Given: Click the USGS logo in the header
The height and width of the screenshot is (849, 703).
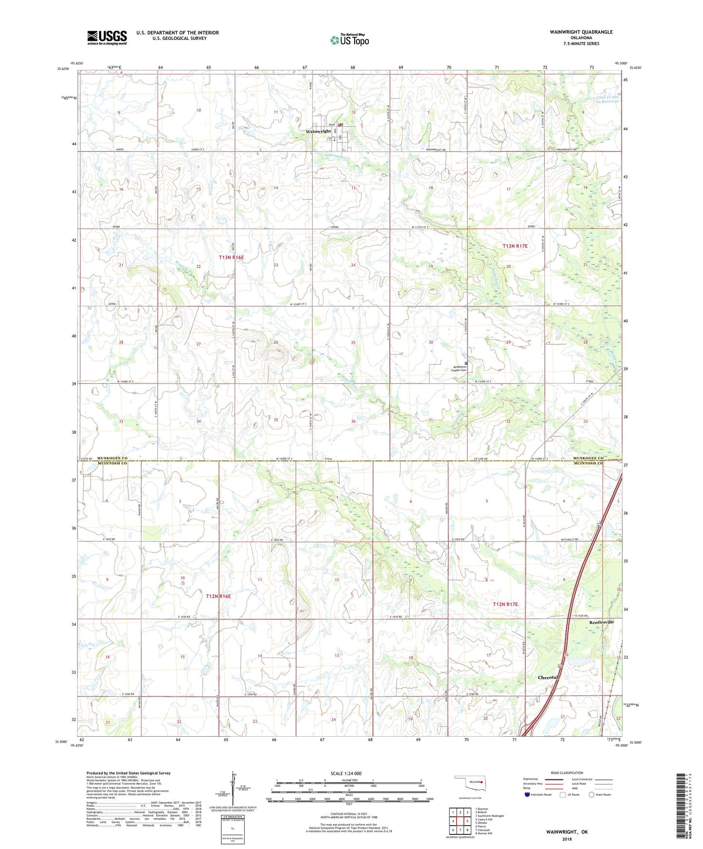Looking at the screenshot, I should click(107, 37).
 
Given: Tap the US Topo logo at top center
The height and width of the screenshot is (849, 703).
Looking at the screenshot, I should click(349, 40).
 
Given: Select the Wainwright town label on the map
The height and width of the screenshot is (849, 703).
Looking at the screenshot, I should click(318, 131).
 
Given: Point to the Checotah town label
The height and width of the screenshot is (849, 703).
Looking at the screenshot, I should click(548, 677).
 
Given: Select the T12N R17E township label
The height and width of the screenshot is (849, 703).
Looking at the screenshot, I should click(505, 604).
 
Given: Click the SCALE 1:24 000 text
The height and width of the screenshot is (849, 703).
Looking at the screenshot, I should click(346, 774).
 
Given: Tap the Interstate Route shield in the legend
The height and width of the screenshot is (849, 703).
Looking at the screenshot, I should click(527, 795).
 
